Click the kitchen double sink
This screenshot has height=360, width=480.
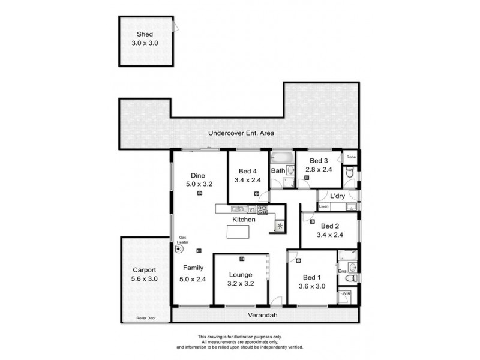click(x=236, y=209)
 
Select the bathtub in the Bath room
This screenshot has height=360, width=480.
click(x=280, y=158)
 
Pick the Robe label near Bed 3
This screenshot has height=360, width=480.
click(x=351, y=158)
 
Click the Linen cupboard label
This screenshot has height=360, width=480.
click(x=324, y=207)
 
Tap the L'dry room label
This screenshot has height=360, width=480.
click(x=336, y=196)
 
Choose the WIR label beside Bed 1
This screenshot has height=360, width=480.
click(x=346, y=295)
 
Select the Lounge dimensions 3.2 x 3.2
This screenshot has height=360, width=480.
click(x=227, y=286)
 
